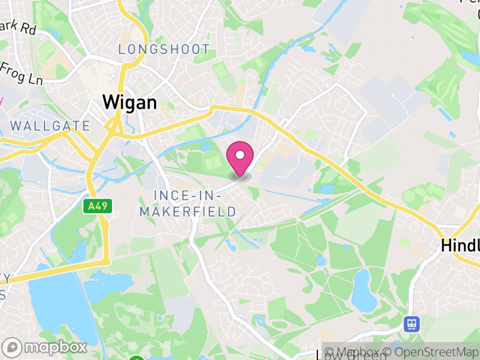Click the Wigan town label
[x=130, y=103]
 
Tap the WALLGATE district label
[x=50, y=126]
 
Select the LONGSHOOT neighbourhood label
[x=164, y=50]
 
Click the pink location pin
[x=240, y=157]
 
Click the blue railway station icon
[x=412, y=324]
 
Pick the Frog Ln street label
[x=21, y=75]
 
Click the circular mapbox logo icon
[x=13, y=347]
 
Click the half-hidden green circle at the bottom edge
[x=137, y=358]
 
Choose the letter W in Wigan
[x=111, y=103]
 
